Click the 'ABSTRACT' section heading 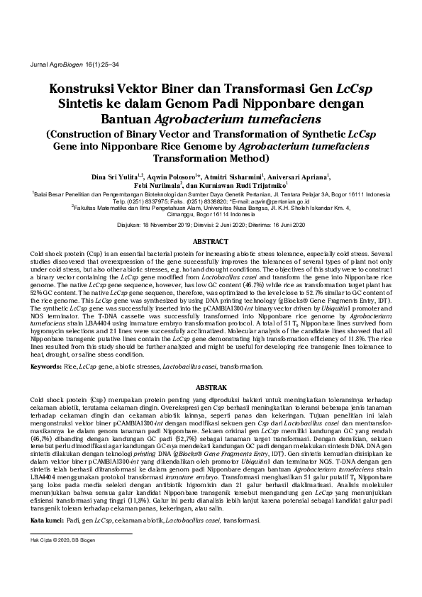coord(211,241)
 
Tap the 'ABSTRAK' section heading coord(211,389)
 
